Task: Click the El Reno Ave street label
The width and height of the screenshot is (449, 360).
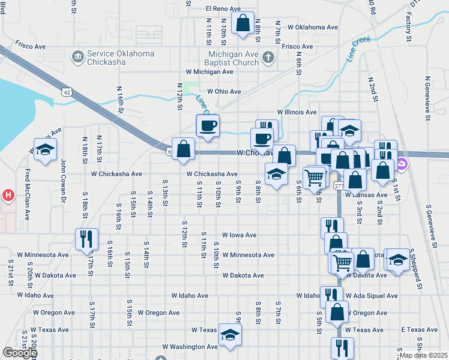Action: coord(223,9)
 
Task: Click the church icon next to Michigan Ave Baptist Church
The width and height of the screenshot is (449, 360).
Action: coord(268,58)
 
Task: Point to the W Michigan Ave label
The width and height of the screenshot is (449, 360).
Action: coord(209,72)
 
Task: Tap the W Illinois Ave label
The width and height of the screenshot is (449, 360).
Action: coord(297,112)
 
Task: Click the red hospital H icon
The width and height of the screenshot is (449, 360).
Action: coord(8,195)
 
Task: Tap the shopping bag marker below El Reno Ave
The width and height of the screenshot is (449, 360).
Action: coord(243,24)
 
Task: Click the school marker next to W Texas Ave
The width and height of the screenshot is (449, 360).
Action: coord(229,335)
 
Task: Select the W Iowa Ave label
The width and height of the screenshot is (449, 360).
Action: coord(239,236)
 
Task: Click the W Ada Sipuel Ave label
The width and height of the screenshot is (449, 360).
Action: coord(371,296)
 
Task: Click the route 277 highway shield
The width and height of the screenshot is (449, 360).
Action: coord(339,186)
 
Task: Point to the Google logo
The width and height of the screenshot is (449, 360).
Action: coord(19,353)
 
